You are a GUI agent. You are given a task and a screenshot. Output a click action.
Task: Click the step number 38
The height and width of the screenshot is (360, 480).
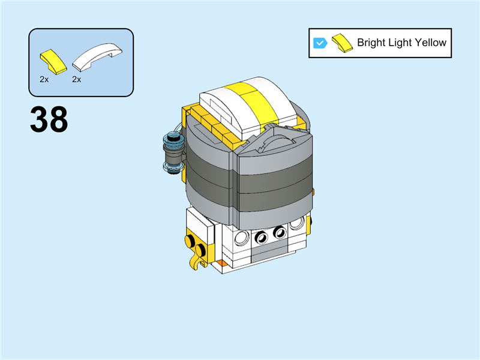point(49,120)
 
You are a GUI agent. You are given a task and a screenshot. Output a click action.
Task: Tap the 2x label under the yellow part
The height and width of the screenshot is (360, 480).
point(44,79)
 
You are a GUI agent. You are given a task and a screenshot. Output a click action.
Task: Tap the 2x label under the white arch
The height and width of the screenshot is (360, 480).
point(77,79)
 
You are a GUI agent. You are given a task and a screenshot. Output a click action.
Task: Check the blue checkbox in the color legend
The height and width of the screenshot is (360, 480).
point(320,43)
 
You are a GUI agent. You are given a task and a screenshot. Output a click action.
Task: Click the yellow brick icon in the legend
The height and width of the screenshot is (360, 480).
point(341,43)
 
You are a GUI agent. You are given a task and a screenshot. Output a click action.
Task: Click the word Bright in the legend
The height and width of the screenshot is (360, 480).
point(371,43)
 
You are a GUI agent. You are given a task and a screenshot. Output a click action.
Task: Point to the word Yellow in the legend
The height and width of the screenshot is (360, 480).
point(429,43)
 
